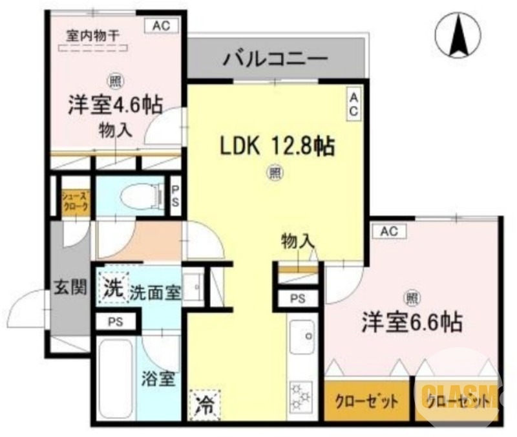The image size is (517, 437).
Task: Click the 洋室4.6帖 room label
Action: pos(115,104)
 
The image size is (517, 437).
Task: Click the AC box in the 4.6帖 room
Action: pos(162,27)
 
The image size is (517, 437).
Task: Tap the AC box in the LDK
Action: pos(354,103)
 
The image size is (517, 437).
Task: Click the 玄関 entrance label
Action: pos(70,288)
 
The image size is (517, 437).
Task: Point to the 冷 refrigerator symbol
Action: pos(204,407)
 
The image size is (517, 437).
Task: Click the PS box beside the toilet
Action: pos(174,194)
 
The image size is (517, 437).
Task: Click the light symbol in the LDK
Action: pos(275,173)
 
